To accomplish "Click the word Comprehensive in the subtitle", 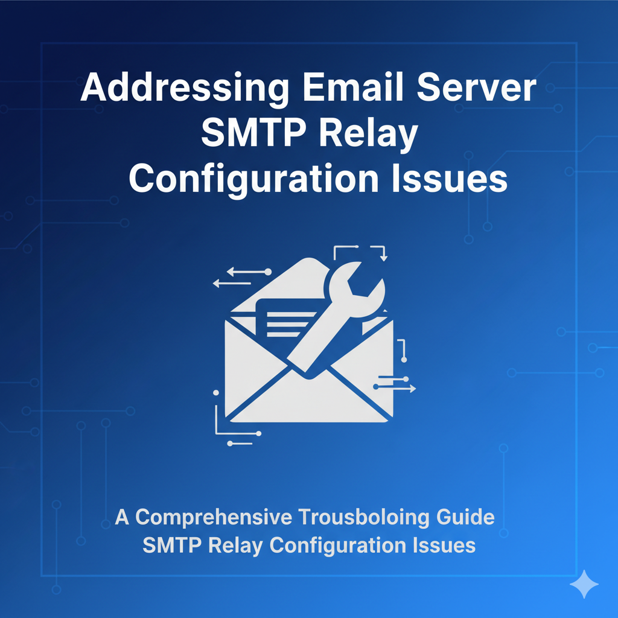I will coord(214,518).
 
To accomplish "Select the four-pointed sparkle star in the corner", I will coord(584,584).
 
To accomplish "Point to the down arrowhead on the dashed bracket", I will coord(383,258).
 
